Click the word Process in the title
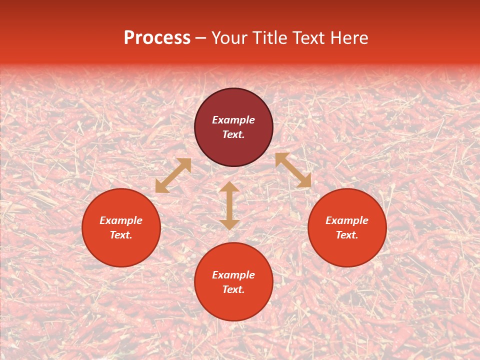(157, 38)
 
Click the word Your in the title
(229, 38)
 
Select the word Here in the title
(349, 38)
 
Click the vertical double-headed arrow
(229, 205)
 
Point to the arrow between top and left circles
(173, 175)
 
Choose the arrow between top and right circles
(293, 170)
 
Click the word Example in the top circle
(233, 120)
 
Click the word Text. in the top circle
(233, 134)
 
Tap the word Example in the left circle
(121, 220)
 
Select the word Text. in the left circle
(121, 235)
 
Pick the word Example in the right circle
(347, 220)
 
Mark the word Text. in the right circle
(347, 235)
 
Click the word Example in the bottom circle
(233, 275)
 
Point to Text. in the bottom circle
(233, 289)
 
